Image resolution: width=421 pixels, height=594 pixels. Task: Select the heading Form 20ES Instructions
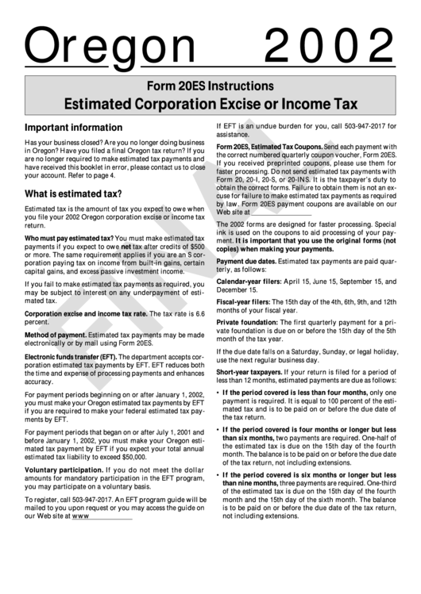210,85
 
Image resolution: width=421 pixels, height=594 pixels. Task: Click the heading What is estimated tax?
72,194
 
